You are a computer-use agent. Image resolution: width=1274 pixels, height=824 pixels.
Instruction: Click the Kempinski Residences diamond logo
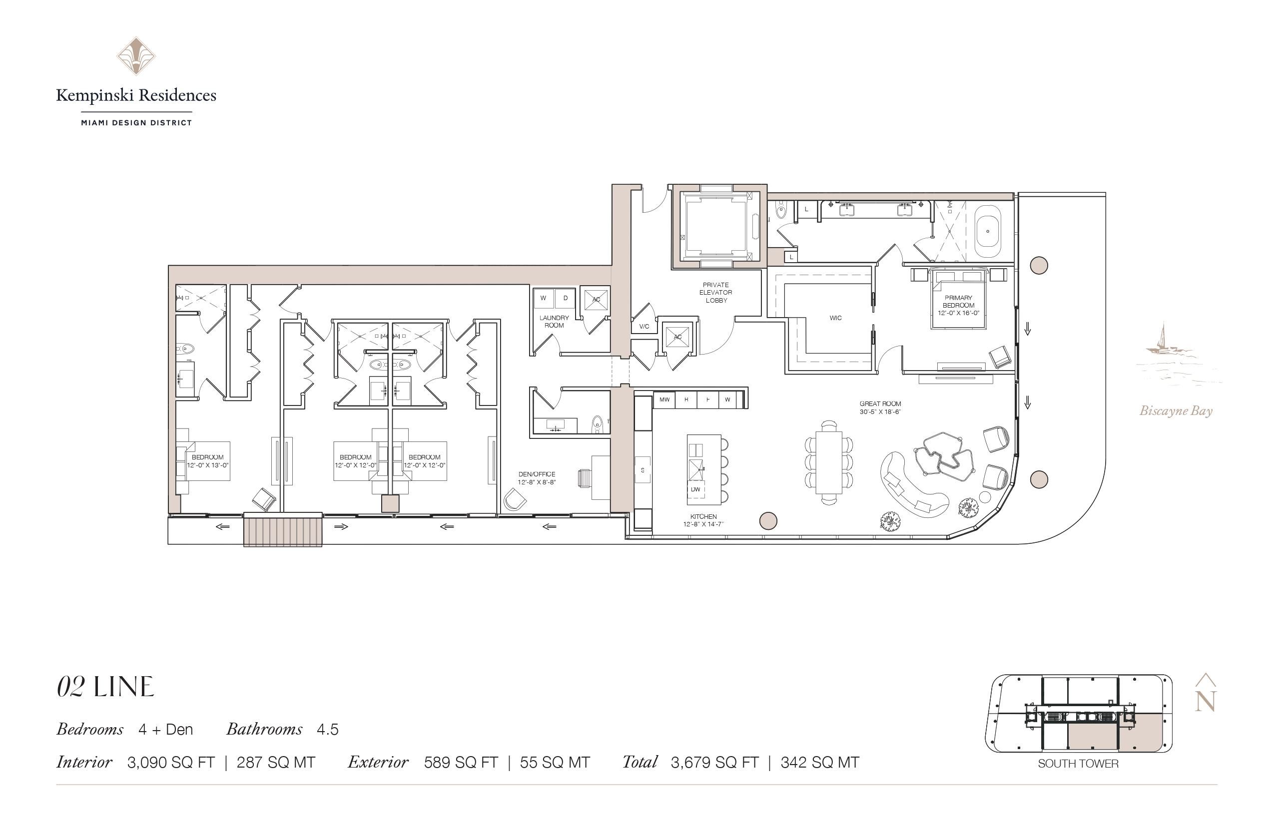136,55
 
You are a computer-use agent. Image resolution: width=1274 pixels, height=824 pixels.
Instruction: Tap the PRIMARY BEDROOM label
958,302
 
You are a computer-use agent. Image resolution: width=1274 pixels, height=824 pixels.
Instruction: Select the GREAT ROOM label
880,404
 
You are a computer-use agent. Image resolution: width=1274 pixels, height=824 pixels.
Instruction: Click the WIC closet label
835,318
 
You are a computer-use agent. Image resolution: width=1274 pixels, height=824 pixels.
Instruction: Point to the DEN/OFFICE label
537,474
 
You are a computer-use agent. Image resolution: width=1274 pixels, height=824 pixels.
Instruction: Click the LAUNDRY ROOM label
554,322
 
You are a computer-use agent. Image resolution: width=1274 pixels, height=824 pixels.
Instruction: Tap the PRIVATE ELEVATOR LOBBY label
715,293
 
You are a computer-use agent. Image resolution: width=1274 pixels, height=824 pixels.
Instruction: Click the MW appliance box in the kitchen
664,400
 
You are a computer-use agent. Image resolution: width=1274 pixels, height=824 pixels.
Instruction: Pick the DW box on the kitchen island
695,489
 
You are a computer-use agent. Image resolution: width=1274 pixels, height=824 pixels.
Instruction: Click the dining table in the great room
829,462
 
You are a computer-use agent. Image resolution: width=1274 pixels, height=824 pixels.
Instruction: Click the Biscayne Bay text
1176,411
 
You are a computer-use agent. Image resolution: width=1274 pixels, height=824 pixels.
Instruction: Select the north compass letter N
1206,701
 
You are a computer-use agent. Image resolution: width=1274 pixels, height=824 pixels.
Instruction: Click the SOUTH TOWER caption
1078,764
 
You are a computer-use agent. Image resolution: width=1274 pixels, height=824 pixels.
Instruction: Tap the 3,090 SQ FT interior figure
171,763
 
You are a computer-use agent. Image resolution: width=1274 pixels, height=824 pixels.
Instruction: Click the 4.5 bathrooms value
328,730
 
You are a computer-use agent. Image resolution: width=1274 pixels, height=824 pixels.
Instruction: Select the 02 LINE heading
105,688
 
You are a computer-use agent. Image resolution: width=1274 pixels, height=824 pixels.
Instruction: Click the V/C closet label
644,327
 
